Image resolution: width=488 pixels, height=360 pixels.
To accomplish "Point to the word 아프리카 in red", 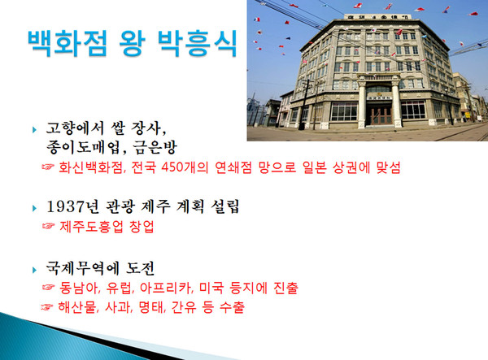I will [168, 288].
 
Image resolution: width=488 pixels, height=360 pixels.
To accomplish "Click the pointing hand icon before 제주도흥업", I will [47, 228].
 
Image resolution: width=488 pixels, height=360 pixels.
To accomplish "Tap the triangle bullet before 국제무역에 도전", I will [34, 268].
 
